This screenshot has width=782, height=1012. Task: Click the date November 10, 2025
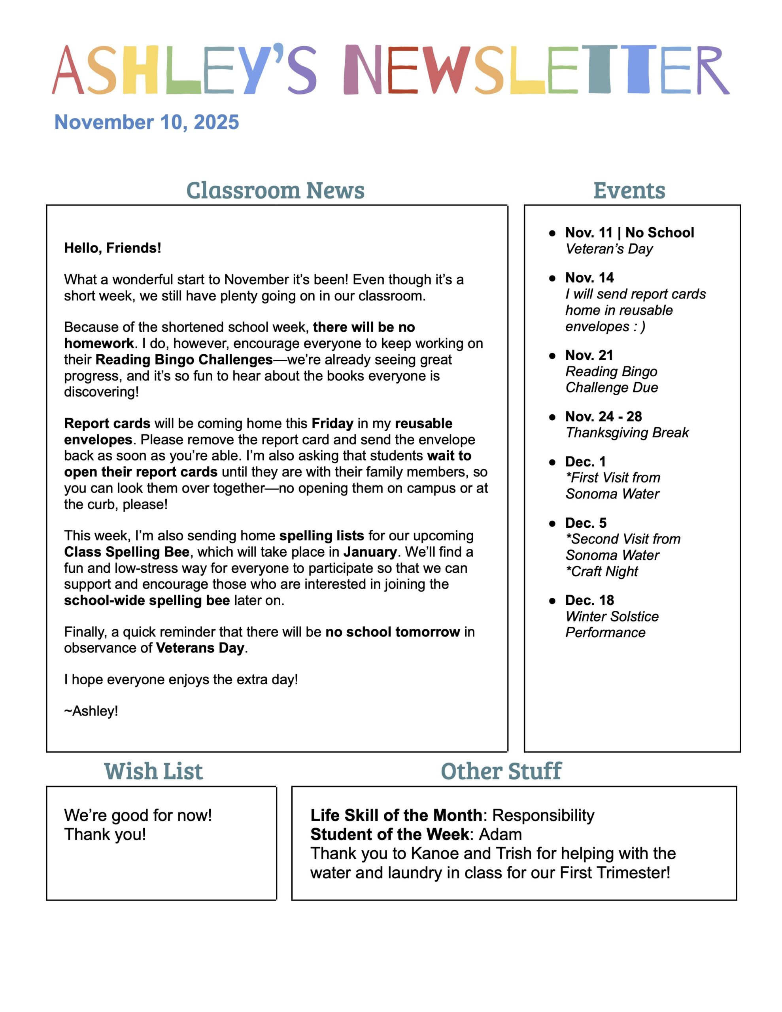coord(147,122)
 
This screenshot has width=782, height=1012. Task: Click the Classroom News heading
coord(275,191)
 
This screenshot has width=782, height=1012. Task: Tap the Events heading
coord(629,191)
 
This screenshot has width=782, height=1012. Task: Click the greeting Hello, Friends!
coord(113,248)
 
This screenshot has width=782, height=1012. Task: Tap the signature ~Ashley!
coord(91,711)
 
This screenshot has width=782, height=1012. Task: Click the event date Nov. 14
coord(589,278)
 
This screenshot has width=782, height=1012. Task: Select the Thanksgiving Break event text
coord(627,432)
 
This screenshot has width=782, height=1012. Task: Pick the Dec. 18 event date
coord(589,600)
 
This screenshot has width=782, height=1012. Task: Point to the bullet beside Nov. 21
coord(552,355)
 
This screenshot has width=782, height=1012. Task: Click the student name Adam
coord(500,834)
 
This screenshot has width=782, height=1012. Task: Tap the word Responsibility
coord(543,815)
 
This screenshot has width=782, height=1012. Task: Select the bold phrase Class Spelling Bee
coord(127,552)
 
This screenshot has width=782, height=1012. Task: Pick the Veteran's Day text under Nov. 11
coord(608,249)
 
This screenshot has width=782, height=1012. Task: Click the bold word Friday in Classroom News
coord(332,423)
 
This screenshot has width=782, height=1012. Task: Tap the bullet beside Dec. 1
coord(552,462)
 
